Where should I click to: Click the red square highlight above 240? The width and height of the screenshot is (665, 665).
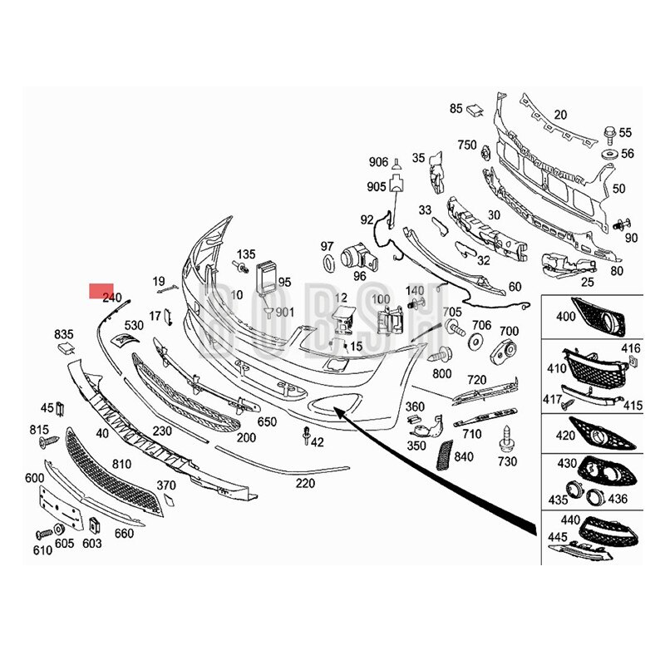click(x=101, y=289)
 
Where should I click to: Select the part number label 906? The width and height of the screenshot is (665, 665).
click(x=378, y=161)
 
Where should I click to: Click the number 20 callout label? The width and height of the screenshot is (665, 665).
click(x=560, y=115)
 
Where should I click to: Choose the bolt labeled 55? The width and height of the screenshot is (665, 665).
click(x=608, y=132)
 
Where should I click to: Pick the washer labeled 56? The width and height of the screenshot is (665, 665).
click(x=608, y=155)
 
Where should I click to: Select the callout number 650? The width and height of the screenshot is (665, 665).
click(x=267, y=422)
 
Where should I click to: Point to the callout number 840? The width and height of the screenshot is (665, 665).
click(x=464, y=456)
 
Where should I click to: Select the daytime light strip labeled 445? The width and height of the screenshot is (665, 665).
click(x=587, y=551)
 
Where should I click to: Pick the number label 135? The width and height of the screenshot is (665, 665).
click(x=246, y=254)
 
